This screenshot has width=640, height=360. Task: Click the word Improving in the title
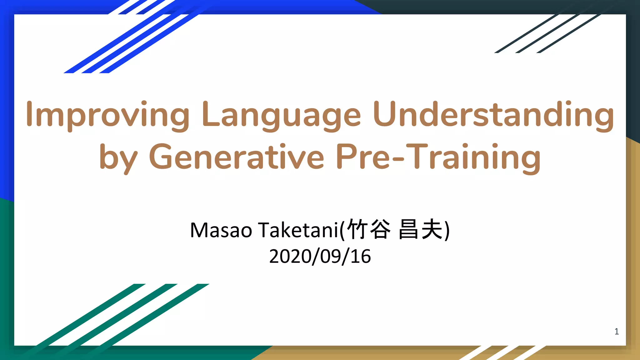(108, 115)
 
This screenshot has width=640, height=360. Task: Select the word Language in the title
(281, 115)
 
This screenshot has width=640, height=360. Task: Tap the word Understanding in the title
(493, 115)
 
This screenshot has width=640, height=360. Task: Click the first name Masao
(221, 230)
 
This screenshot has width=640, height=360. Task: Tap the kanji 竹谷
(369, 229)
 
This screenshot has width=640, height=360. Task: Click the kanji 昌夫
(421, 229)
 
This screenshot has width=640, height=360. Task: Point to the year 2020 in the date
(289, 257)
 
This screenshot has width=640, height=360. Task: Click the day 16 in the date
(361, 257)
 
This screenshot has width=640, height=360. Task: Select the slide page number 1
(617, 332)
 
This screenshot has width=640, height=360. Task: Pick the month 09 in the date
(329, 257)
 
